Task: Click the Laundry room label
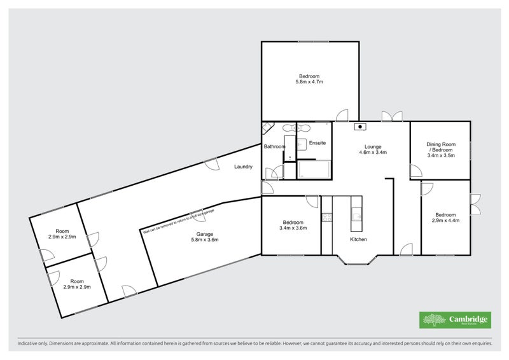click(x=243, y=167)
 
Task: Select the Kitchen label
click(x=358, y=239)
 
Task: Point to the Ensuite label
click(x=317, y=143)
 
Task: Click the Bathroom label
click(x=274, y=147)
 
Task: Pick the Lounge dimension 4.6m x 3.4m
click(x=373, y=153)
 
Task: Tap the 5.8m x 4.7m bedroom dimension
click(x=310, y=82)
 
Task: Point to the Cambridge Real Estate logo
click(x=454, y=319)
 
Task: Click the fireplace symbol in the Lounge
click(x=360, y=126)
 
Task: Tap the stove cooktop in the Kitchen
click(x=327, y=218)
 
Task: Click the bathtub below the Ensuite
click(x=314, y=170)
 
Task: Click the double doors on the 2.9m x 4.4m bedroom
click(x=475, y=206)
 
